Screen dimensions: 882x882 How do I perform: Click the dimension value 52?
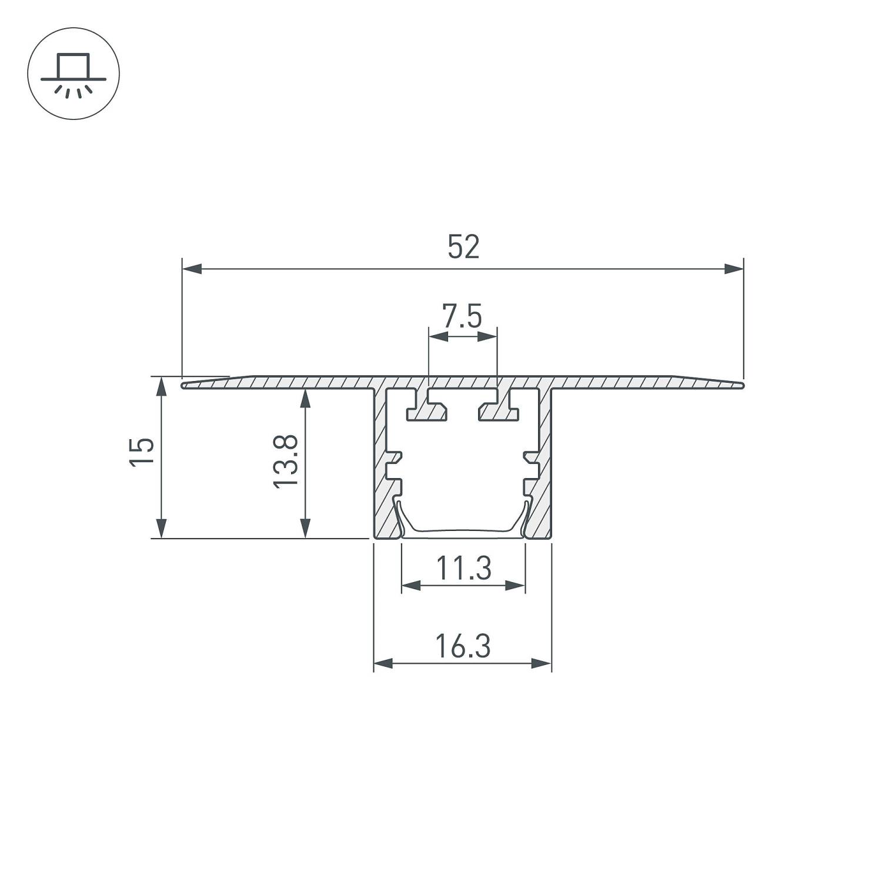(463, 247)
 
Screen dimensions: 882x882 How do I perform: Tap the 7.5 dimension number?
(462, 317)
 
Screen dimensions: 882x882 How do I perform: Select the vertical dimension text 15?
(142, 452)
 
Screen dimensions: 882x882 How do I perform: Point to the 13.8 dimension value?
(286, 461)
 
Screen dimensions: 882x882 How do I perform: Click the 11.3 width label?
(463, 569)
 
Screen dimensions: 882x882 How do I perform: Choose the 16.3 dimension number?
(463, 647)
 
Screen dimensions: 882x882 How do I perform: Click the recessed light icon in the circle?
(73, 73)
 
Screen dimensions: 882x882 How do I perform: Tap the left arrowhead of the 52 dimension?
(192, 269)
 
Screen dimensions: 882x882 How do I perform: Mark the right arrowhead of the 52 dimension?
(734, 269)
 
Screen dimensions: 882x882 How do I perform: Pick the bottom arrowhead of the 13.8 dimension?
(305, 527)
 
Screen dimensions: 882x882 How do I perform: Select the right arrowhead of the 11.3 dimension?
(515, 586)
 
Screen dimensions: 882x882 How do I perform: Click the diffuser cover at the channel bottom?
(463, 532)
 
